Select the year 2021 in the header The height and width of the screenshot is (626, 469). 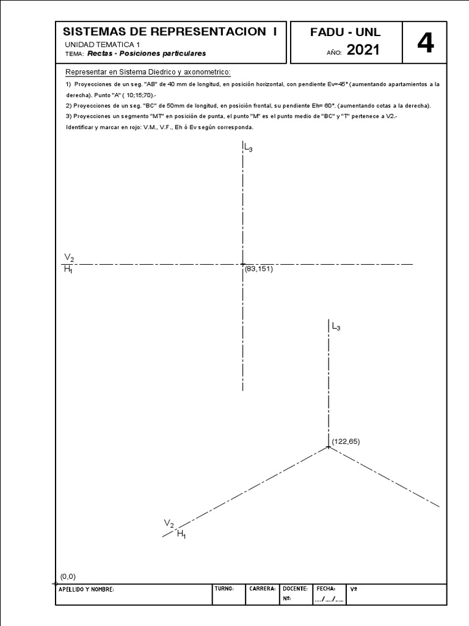point(363,50)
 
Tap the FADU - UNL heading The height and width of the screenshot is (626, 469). point(346,33)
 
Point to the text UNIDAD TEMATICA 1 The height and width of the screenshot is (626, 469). point(102,45)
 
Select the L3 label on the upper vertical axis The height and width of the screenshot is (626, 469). point(248,147)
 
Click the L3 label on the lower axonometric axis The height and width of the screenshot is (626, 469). point(336,328)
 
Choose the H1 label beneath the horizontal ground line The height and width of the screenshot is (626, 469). point(68,270)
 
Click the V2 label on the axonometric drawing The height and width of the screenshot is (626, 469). point(169,523)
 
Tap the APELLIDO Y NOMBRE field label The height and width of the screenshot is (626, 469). point(86,589)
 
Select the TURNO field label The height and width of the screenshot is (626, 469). point(225,589)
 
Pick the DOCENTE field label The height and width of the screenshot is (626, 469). point(296,589)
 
